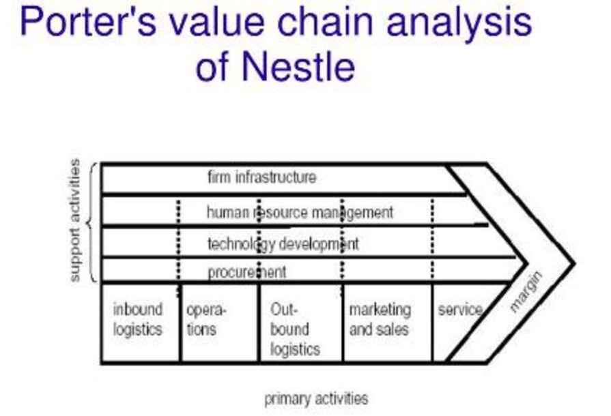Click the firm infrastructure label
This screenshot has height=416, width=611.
261,178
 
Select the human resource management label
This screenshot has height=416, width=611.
300,213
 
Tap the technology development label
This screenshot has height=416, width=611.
283,243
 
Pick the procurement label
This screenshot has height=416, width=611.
247,273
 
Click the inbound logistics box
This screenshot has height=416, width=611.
138,320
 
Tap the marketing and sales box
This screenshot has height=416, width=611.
380,320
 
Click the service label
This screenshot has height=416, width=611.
460,310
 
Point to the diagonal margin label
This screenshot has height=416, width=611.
527,293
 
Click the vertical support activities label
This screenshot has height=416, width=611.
75,220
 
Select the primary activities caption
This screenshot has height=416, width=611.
316,399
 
